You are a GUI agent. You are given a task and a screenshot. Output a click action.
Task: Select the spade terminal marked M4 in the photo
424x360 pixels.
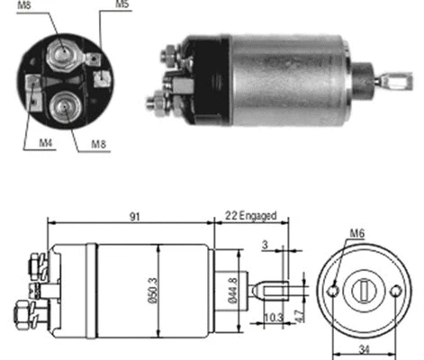coord(33,89)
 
